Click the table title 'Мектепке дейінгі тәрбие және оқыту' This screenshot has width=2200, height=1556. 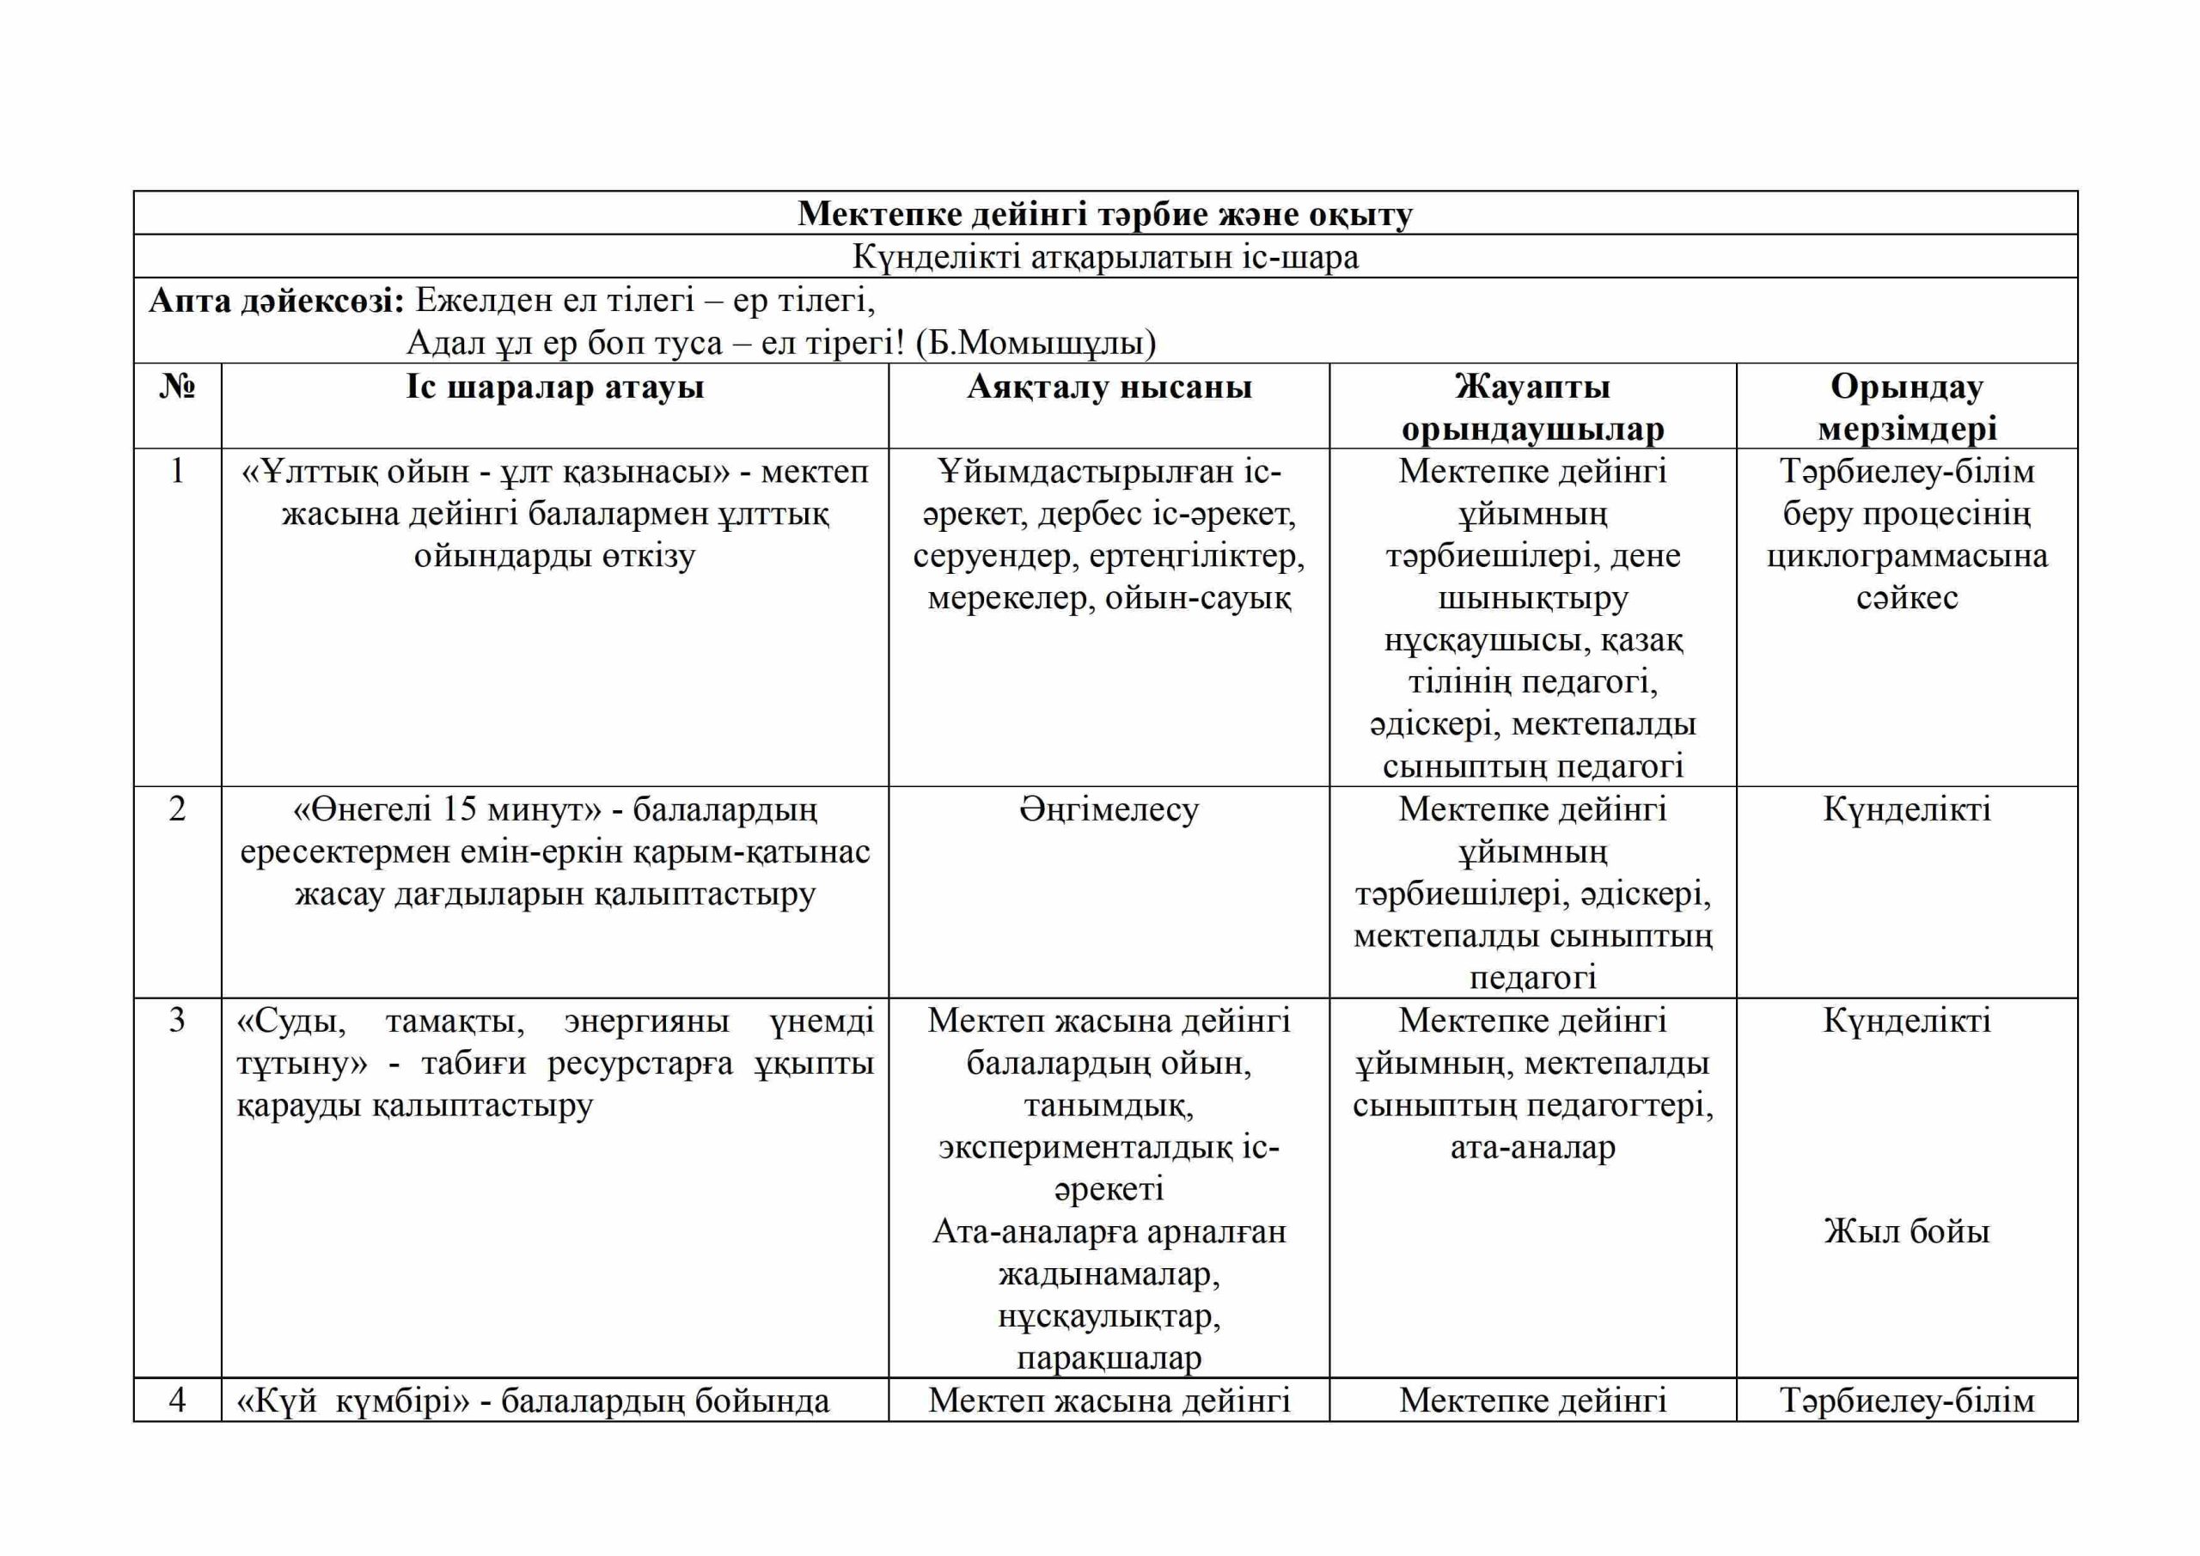pyautogui.click(x=1105, y=214)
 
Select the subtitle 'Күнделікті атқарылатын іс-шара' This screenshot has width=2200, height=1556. pyautogui.click(x=1105, y=257)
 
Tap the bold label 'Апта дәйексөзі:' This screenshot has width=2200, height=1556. pyautogui.click(x=277, y=301)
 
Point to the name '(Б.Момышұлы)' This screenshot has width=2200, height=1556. pyautogui.click(x=1035, y=342)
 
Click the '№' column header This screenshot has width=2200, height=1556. pyautogui.click(x=177, y=387)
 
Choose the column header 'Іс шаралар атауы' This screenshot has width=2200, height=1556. pyautogui.click(x=555, y=387)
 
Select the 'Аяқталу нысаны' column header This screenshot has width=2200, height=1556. pyautogui.click(x=1109, y=387)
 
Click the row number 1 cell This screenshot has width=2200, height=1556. pyautogui.click(x=177, y=472)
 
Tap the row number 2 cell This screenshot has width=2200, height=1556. pyautogui.click(x=177, y=809)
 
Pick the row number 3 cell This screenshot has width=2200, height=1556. pyautogui.click(x=177, y=1021)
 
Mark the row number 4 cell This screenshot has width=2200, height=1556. pyautogui.click(x=177, y=1400)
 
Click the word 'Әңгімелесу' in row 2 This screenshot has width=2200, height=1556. pyautogui.click(x=1109, y=809)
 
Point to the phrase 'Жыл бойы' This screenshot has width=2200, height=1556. pyautogui.click(x=1907, y=1231)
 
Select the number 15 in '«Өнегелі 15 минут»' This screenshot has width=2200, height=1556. pyautogui.click(x=460, y=809)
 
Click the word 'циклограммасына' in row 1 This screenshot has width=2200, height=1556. pyautogui.click(x=1907, y=556)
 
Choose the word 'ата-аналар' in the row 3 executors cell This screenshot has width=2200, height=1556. pyautogui.click(x=1532, y=1147)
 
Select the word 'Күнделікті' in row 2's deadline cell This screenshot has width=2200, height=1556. pyautogui.click(x=1907, y=809)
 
